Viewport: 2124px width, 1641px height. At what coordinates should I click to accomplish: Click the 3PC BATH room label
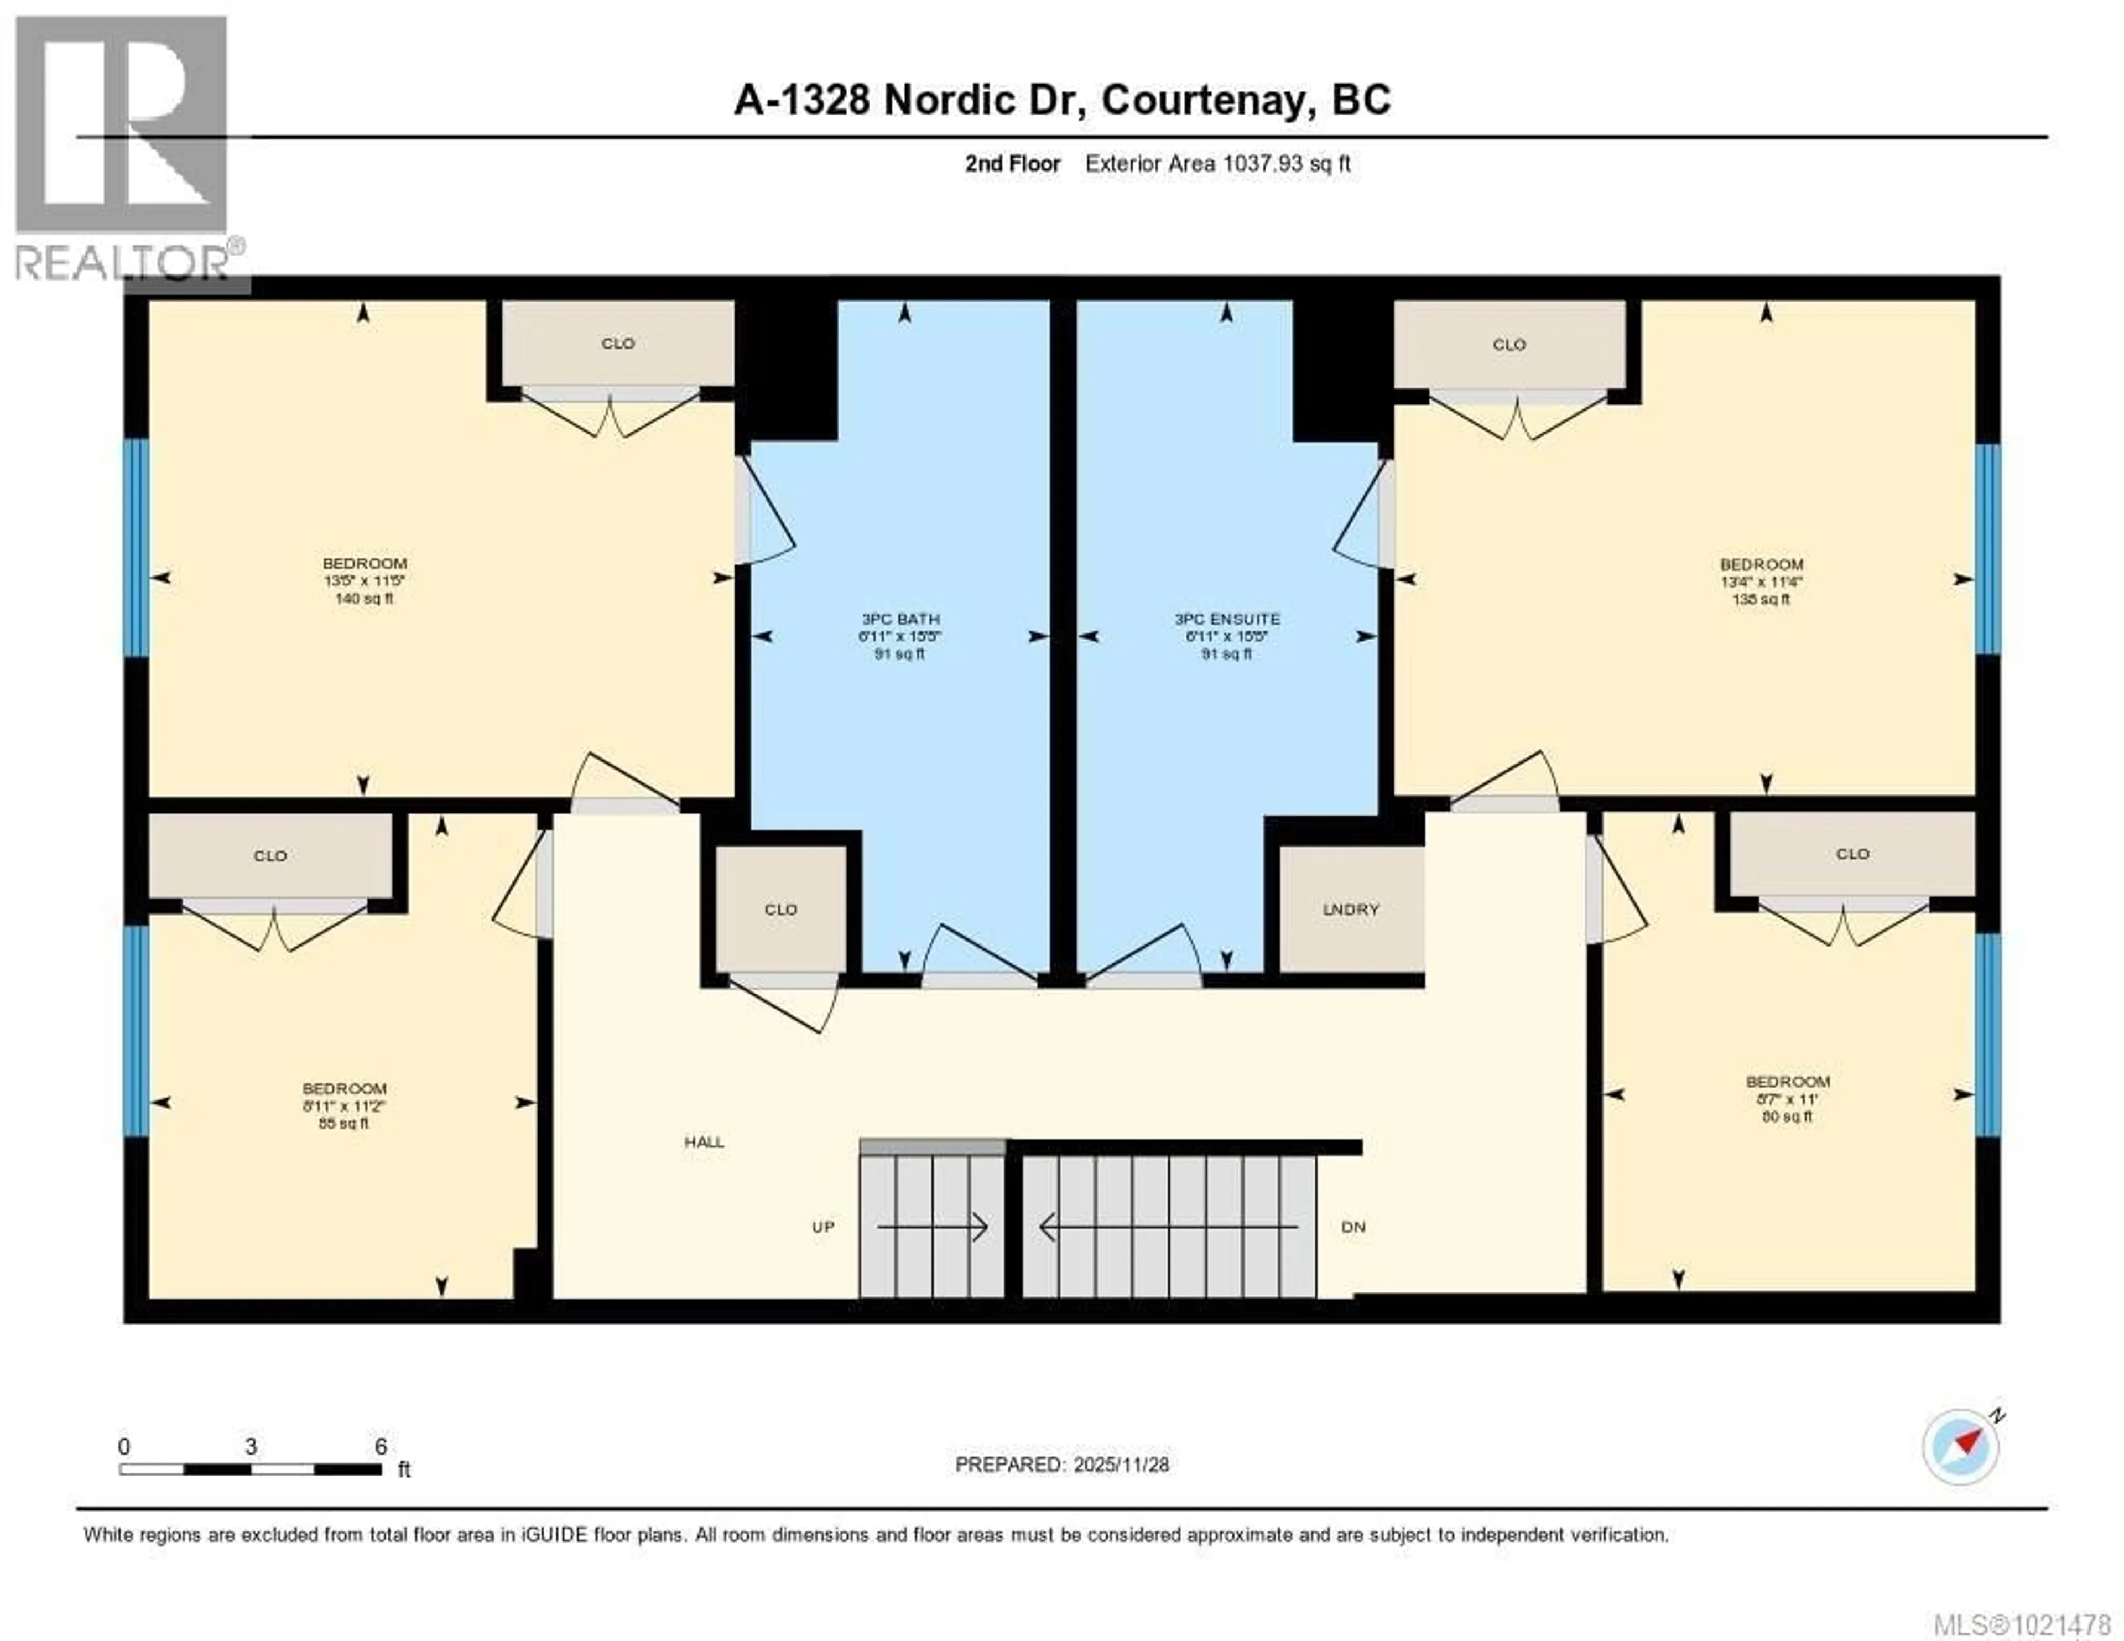coord(899,635)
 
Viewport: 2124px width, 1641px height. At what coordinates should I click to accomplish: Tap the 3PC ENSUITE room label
coord(1226,635)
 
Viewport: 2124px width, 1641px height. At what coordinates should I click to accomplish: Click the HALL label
coord(704,1142)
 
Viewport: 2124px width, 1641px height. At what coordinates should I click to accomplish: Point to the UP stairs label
coord(822,1227)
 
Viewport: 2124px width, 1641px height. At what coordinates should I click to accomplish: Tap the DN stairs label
coord(1353,1227)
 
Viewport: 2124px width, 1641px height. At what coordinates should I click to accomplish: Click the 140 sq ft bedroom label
coord(365,581)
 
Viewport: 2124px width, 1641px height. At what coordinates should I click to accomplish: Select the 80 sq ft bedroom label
coord(1788,1098)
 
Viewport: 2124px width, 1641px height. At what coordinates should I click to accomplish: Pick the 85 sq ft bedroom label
coord(344,1105)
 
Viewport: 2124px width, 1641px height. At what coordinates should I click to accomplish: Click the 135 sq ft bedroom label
coord(1761,581)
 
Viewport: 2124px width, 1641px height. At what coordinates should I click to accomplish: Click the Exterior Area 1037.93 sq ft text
coord(1217,163)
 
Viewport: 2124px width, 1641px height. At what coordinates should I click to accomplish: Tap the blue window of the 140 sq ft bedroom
coord(136,548)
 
